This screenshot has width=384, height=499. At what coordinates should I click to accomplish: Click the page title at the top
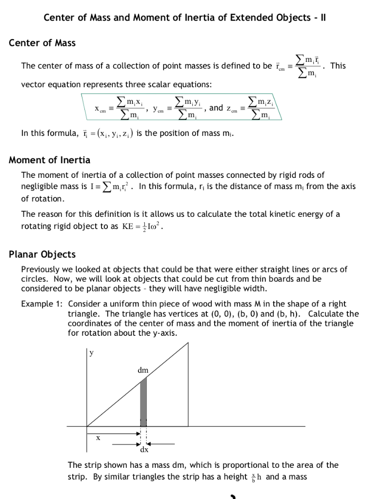(x=185, y=18)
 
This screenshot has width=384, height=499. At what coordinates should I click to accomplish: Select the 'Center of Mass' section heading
(x=42, y=43)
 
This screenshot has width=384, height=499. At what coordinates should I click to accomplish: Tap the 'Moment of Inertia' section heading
(x=50, y=160)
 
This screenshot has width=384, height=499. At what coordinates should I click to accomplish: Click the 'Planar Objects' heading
(x=42, y=254)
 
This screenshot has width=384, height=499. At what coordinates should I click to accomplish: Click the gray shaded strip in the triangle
(x=143, y=402)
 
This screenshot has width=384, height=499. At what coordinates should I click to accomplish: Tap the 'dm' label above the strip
(x=143, y=370)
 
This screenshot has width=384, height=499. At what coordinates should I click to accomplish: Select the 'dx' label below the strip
(x=144, y=449)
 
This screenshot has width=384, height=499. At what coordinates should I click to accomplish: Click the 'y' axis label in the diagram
(x=91, y=354)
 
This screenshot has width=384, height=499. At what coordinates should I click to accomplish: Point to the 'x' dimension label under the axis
(x=98, y=438)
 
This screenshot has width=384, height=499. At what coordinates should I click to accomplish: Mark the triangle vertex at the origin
(x=87, y=426)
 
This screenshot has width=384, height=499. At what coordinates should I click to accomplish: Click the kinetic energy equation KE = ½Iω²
(x=143, y=227)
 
